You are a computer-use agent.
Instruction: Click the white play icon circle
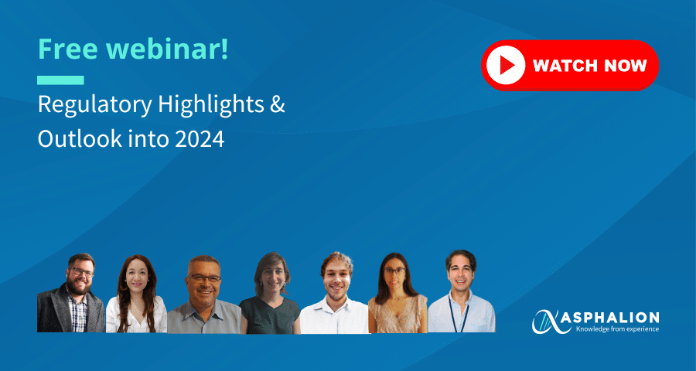pos(506,66)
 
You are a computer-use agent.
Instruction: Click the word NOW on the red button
pos(623,66)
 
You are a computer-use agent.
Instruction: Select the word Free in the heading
pos(67,49)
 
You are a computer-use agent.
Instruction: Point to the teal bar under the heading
pos(60,80)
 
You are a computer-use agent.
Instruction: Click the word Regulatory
pos(94,107)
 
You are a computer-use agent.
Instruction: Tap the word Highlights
pos(210,107)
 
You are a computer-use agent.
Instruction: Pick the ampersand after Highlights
pos(278,105)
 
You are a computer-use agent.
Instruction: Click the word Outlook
pos(80,139)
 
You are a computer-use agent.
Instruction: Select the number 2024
pos(200,140)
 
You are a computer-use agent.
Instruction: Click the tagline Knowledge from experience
pos(617,328)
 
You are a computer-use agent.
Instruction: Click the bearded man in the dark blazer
pos(71,293)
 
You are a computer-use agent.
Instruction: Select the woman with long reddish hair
pos(136,294)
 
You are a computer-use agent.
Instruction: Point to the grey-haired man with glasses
pos(203,294)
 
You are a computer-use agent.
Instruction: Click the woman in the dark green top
pos(270,293)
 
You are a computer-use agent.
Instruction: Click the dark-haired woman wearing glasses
pos(397,293)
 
